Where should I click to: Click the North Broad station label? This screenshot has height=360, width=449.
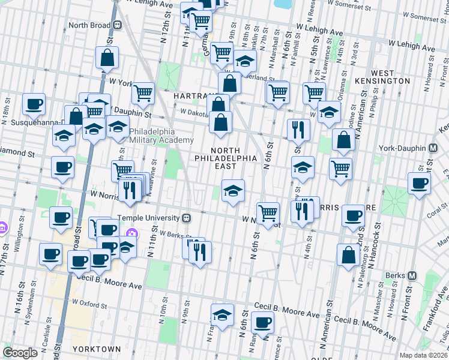[91, 25]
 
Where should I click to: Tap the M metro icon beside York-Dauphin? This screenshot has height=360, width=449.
[432, 148]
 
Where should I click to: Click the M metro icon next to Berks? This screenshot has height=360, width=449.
[412, 275]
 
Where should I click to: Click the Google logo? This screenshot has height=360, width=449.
[20, 353]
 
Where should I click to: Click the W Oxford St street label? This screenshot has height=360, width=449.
[89, 302]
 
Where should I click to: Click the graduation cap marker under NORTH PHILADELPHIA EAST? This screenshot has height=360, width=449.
[234, 191]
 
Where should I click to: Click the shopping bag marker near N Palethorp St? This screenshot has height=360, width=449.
[348, 255]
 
